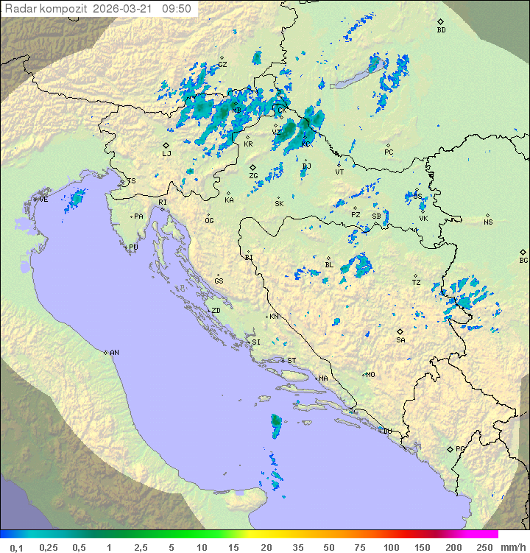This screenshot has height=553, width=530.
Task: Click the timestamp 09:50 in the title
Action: tap(177, 9)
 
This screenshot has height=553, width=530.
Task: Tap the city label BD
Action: tap(441, 30)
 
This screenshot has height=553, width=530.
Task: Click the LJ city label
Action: tap(166, 153)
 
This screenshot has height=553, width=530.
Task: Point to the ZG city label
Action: tap(253, 176)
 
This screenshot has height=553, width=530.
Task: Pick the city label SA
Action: tap(400, 339)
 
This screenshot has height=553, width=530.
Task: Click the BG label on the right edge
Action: tap(523, 260)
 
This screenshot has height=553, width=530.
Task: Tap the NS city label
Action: tap(488, 222)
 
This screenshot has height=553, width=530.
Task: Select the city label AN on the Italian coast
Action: tap(114, 353)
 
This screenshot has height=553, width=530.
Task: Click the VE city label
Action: tap(43, 200)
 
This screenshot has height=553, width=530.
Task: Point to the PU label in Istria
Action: tap(133, 247)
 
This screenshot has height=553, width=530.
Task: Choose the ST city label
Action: tap(291, 360)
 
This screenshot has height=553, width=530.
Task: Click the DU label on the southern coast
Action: tap(386, 431)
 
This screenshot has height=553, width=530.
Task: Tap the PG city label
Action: tap(460, 448)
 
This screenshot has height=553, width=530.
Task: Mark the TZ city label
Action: tap(417, 282)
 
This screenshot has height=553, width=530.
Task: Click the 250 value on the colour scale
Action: tap(484, 547)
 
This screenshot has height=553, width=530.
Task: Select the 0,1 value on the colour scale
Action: tap(16, 547)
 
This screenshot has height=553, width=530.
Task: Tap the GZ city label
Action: tap(222, 64)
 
